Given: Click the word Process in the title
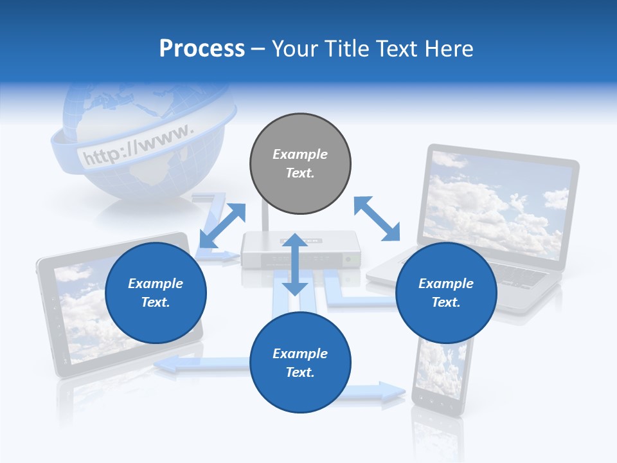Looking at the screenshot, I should click(202, 49).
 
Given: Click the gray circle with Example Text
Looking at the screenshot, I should click(300, 164).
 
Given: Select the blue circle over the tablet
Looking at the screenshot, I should click(156, 293).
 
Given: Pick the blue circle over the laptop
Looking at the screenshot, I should click(446, 293).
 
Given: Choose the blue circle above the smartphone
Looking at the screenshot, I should click(300, 363).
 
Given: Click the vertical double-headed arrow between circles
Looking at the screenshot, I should click(295, 264).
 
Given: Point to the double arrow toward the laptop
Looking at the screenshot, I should click(377, 219).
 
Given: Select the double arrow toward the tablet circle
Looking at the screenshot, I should click(222, 226).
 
